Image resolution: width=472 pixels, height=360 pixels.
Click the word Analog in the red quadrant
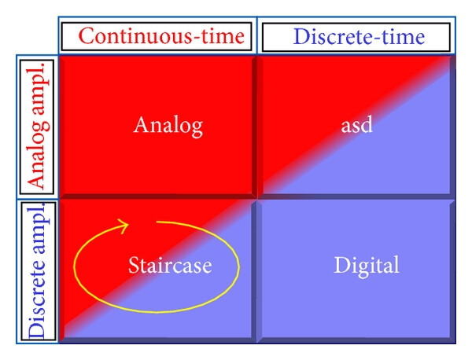(x=168, y=127)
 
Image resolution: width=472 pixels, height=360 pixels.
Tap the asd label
(x=356, y=125)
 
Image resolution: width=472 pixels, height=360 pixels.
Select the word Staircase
(x=170, y=265)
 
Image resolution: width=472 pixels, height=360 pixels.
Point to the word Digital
(x=367, y=266)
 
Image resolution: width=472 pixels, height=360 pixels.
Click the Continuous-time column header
(x=161, y=36)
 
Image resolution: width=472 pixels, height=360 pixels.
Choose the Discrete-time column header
(x=359, y=37)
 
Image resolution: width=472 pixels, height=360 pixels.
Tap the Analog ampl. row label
(x=38, y=127)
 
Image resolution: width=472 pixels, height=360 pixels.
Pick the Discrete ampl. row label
(x=38, y=270)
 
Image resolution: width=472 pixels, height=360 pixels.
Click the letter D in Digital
(x=341, y=265)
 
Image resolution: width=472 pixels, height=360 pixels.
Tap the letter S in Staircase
(x=134, y=265)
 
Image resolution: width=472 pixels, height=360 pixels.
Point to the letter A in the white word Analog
(x=142, y=124)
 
